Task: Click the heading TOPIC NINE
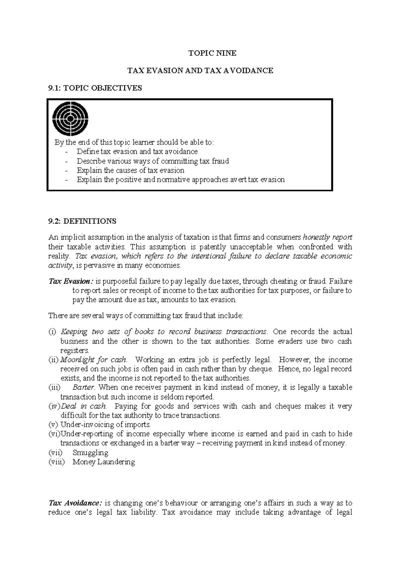(213, 53)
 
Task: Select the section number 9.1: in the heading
(54, 88)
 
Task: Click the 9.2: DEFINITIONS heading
(82, 221)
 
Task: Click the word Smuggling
(90, 453)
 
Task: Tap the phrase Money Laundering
(104, 462)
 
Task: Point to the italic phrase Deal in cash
(84, 406)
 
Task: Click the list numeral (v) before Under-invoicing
(53, 425)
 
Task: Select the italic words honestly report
(327, 237)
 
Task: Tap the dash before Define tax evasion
(68, 152)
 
